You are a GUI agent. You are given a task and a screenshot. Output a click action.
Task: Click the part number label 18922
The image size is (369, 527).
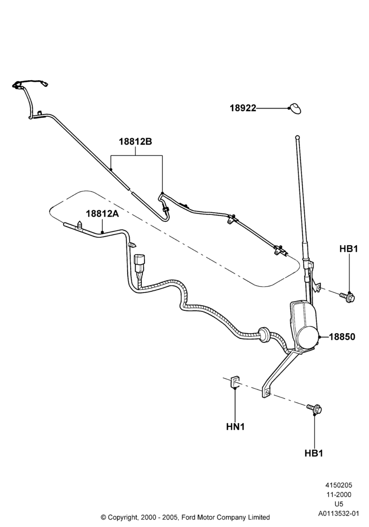[x=242, y=108]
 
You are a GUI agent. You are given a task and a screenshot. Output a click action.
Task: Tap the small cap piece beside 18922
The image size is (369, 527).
[x=295, y=108]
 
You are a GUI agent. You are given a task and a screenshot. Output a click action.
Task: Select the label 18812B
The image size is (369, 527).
[x=135, y=141]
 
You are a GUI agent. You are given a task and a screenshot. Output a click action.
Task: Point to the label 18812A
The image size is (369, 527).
[x=102, y=213]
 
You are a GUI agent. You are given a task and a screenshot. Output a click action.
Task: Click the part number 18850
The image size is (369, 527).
[x=342, y=336]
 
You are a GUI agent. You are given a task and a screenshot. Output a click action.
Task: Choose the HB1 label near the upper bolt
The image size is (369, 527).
[x=348, y=249]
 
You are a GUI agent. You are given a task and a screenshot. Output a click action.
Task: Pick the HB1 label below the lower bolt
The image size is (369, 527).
[x=314, y=453]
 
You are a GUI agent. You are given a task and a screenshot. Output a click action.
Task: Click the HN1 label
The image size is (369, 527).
[x=235, y=426]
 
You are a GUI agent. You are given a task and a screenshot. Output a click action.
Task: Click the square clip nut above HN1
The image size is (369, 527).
[x=234, y=382]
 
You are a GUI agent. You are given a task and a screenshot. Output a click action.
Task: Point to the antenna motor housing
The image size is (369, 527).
[x=304, y=326]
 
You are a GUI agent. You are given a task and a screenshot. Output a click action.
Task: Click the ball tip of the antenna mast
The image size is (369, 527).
[x=297, y=137]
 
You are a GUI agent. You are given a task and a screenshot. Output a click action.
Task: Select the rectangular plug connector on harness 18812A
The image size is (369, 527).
[x=139, y=262]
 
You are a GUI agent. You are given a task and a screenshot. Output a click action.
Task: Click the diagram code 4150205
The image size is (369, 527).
[x=338, y=485]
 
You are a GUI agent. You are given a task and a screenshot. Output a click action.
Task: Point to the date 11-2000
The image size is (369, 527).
[x=338, y=494]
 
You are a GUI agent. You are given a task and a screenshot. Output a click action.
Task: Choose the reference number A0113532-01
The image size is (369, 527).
[x=339, y=513]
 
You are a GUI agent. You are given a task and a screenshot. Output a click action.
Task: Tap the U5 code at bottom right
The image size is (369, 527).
[x=339, y=504]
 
